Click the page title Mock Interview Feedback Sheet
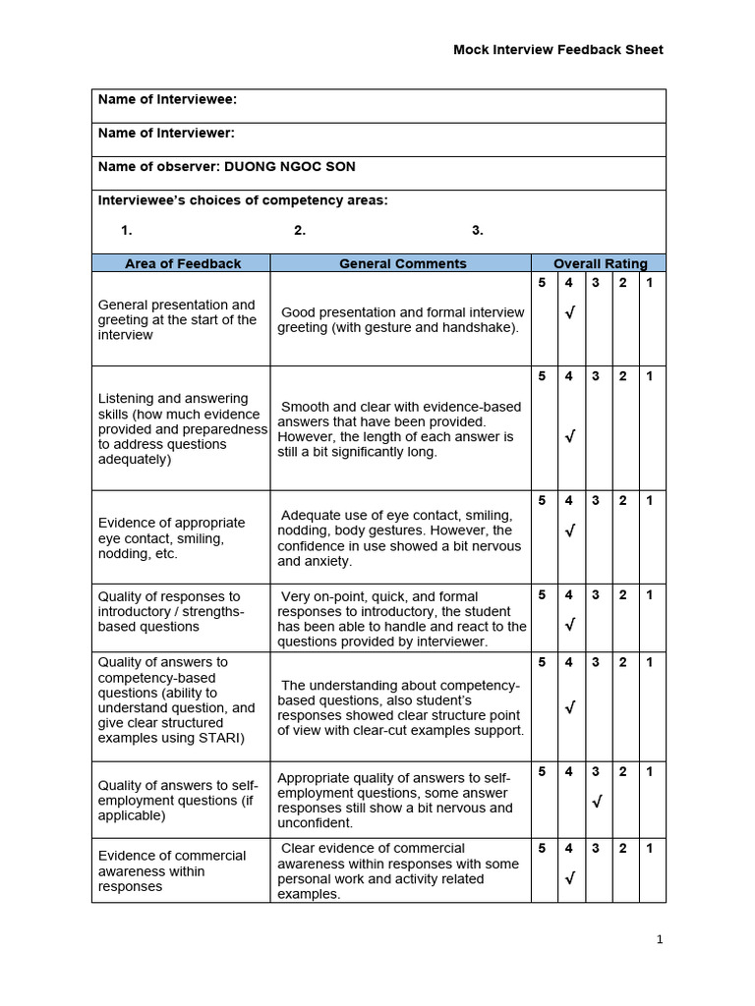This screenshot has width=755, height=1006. click(557, 50)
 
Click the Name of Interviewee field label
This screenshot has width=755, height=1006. click(167, 99)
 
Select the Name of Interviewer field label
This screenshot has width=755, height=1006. click(166, 133)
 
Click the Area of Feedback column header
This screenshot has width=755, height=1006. click(182, 263)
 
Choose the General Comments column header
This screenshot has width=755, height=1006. click(402, 263)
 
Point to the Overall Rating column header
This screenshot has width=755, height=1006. click(600, 263)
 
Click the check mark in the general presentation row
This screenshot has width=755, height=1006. click(569, 313)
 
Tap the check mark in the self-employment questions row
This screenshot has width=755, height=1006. click(596, 803)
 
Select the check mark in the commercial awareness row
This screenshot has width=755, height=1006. click(569, 878)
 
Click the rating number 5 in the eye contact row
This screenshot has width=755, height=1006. click(542, 501)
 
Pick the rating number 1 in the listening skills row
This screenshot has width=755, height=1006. click(649, 376)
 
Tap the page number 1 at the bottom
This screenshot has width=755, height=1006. click(661, 939)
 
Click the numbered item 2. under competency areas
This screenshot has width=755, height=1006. click(300, 231)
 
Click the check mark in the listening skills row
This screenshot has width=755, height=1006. click(569, 436)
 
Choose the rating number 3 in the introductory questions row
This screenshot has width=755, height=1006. click(596, 595)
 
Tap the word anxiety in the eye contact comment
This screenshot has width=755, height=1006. click(329, 561)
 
